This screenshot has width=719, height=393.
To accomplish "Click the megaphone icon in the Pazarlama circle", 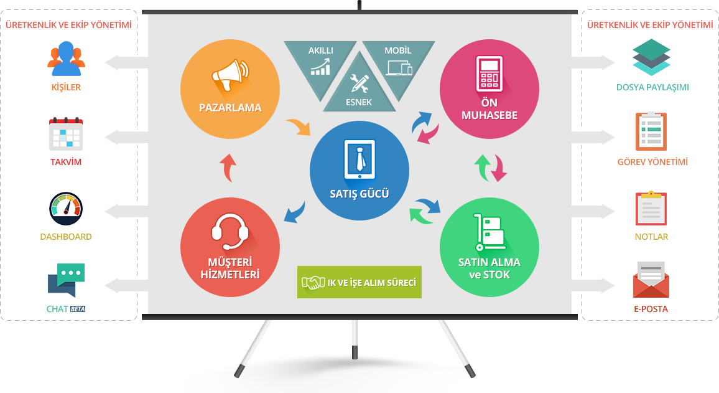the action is (230, 75).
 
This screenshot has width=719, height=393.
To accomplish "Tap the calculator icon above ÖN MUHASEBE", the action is (489, 73).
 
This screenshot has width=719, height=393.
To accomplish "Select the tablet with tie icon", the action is (359, 159).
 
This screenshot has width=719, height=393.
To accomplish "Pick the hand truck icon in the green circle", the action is (489, 232).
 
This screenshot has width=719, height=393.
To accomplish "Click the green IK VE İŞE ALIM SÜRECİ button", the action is (359, 282).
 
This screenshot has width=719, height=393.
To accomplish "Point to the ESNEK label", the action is (359, 102).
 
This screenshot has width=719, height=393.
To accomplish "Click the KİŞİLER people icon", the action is (66, 59).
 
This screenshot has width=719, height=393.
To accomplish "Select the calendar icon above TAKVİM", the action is (66, 134).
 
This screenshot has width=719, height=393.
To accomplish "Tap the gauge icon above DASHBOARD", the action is (66, 209).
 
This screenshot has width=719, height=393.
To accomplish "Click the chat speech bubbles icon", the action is (66, 280).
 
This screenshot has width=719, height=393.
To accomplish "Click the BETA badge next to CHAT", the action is (78, 309).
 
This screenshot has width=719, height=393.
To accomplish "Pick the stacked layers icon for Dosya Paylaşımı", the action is (651, 57).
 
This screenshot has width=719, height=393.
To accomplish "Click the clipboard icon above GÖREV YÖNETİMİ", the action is (651, 131).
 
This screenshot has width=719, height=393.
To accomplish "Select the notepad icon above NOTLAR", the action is (651, 208).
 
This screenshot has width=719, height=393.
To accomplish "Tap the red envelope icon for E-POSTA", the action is (651, 280).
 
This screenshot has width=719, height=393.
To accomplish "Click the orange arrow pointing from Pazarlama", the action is (299, 127).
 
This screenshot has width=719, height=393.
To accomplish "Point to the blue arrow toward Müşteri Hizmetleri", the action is (295, 212).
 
